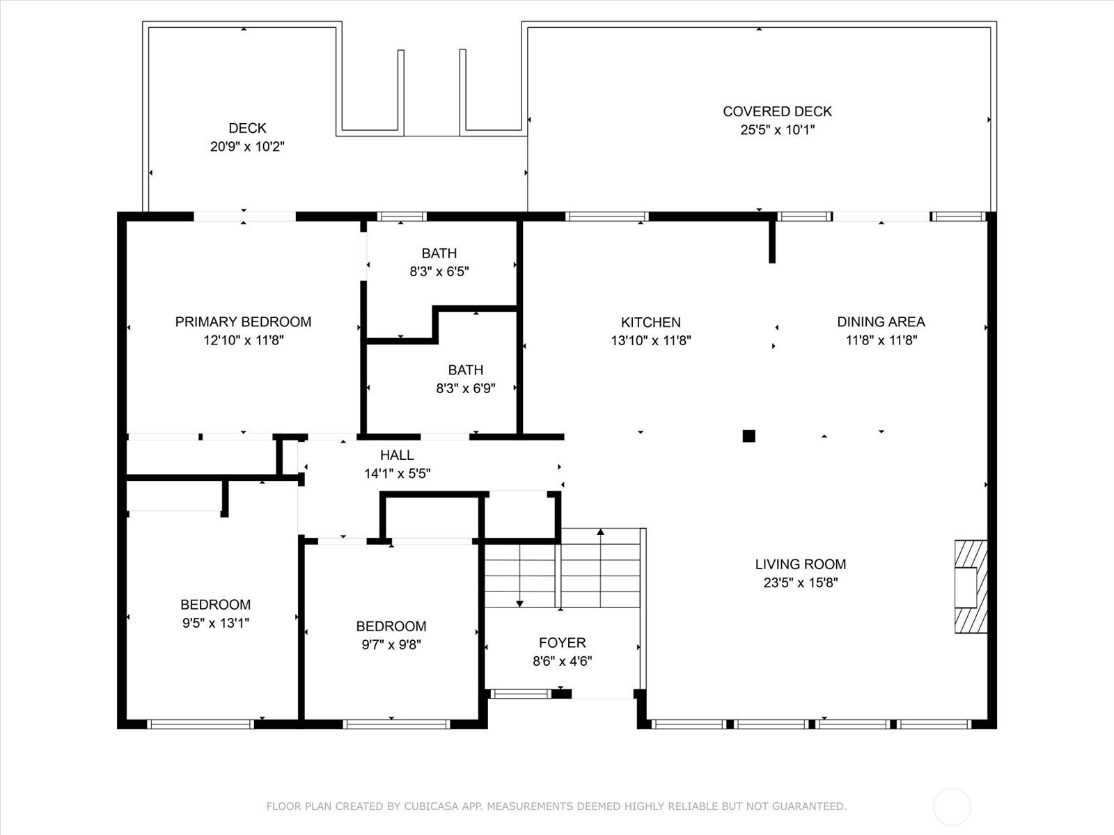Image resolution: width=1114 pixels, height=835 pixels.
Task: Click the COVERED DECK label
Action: click(x=777, y=111)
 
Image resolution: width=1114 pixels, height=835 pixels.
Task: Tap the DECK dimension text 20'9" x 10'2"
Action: click(x=247, y=147)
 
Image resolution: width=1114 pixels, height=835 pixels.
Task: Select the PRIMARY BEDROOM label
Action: click(x=243, y=322)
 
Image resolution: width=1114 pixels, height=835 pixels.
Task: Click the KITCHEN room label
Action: click(x=650, y=322)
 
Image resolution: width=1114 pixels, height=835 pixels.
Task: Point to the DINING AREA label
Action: click(x=881, y=322)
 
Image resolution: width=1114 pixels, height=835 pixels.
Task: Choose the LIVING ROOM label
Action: click(x=801, y=564)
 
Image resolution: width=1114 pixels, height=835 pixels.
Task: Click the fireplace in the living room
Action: click(x=971, y=587)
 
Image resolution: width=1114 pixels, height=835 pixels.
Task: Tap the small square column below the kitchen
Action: click(x=748, y=436)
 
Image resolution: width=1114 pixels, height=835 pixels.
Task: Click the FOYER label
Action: click(x=563, y=643)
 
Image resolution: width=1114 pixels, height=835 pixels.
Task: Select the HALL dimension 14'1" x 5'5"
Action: click(x=398, y=474)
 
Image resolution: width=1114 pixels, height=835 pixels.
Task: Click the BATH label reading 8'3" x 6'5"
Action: click(x=439, y=253)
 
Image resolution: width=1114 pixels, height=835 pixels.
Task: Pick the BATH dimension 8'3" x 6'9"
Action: click(x=465, y=388)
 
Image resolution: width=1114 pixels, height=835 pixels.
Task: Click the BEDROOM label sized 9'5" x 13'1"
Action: click(x=215, y=605)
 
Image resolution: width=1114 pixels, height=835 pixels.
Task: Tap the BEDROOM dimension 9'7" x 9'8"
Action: click(x=391, y=645)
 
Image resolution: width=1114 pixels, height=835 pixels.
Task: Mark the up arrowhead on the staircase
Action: click(x=600, y=532)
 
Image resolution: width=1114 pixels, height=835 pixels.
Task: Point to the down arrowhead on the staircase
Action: click(x=519, y=603)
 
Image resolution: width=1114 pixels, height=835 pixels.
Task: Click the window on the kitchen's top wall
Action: click(x=606, y=217)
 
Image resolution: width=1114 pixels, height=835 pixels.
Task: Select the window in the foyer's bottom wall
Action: click(x=520, y=694)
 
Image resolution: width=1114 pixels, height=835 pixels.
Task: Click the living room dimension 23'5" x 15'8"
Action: click(x=801, y=582)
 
